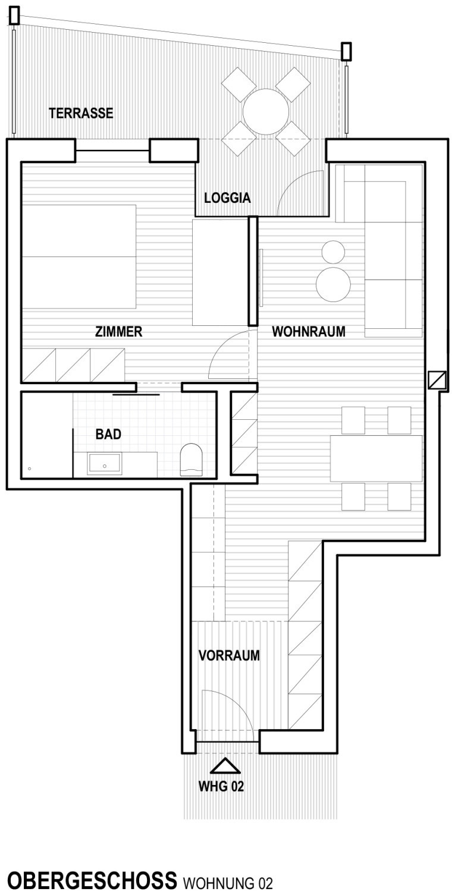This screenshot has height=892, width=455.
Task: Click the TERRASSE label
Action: pos(81,113)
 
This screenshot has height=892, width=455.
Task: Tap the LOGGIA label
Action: pos(227,198)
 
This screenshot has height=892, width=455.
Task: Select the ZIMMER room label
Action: pos(119,331)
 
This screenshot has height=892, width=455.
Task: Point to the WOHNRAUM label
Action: pos(309,331)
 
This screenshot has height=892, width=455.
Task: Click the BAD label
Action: pos(108,434)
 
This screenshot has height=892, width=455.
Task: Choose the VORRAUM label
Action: pos(229,655)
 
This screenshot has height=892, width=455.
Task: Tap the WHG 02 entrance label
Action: pos(221,786)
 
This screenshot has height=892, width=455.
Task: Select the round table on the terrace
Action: pos(266,112)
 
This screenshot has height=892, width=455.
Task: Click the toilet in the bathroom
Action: pos(192,460)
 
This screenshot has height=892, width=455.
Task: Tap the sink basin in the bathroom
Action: pos(105,464)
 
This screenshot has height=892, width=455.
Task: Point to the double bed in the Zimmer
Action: pos(79,257)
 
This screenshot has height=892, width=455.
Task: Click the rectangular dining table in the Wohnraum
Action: pos(376,458)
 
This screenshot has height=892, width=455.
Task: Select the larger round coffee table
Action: pos(333,284)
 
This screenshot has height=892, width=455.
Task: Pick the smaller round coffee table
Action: pos(333,252)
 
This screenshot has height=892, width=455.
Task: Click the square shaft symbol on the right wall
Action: pos(437,379)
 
